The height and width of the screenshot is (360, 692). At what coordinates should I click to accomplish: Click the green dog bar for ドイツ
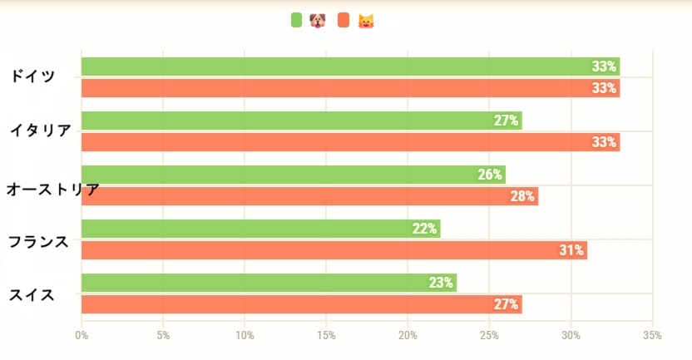[x=349, y=67]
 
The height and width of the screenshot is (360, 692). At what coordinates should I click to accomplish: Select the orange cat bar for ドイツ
[x=349, y=88]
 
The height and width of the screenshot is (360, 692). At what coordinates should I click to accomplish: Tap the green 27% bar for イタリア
[x=301, y=121]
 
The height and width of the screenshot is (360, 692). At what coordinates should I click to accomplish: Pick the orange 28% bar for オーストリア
[x=309, y=196]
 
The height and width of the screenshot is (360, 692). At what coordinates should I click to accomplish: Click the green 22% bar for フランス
[x=260, y=229]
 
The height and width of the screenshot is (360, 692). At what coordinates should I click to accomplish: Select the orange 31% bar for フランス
[x=334, y=250]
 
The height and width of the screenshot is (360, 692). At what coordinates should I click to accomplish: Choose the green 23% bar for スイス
[x=269, y=283]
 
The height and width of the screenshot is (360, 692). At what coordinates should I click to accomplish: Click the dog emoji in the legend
[x=317, y=20]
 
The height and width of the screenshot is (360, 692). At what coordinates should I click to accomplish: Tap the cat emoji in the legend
[x=364, y=20]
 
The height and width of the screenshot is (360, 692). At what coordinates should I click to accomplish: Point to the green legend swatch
[x=297, y=20]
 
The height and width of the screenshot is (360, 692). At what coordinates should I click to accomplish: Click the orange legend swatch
[x=344, y=20]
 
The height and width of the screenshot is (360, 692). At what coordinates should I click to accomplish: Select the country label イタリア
[x=40, y=130]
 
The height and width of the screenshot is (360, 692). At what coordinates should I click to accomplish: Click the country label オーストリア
[x=52, y=190]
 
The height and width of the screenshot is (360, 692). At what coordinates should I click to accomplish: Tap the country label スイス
[x=32, y=294]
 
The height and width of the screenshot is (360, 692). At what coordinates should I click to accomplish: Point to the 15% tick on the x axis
[x=326, y=335]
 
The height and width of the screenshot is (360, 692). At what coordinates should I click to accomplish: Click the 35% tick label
[x=652, y=335]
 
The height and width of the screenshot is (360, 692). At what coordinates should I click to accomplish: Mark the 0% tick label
[x=82, y=335]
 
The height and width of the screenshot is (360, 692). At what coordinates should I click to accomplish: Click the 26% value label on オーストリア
[x=490, y=175]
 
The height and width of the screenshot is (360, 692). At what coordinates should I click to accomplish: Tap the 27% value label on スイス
[x=506, y=304]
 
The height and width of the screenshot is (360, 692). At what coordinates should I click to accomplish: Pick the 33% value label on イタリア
[x=604, y=142]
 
